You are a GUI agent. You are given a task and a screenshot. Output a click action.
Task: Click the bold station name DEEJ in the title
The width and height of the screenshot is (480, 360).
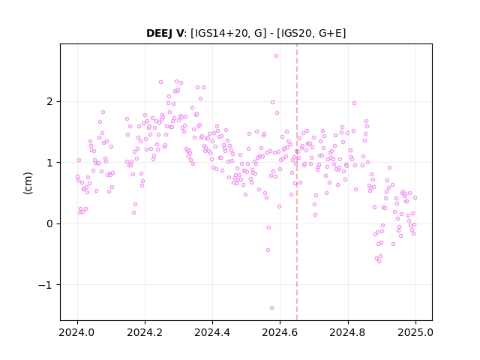[160, 33]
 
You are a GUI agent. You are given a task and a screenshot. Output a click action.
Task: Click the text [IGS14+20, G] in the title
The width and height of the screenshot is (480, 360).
[228, 33]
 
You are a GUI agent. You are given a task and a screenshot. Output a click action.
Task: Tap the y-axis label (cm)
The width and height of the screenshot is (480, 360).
[28, 183]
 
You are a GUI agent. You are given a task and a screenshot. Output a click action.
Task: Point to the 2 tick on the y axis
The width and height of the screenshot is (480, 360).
[50, 102]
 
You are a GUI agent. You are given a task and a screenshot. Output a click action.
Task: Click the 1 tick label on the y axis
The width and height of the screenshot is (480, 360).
[50, 163]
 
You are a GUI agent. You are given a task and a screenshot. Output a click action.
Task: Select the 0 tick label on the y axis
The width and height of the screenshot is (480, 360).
[50, 223]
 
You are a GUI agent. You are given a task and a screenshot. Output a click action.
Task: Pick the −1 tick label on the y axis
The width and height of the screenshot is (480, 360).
[46, 285]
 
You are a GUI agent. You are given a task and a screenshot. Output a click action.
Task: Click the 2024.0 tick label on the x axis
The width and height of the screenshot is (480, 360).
[77, 332]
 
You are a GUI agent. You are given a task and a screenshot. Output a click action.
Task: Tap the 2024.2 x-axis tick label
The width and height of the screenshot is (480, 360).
[145, 332]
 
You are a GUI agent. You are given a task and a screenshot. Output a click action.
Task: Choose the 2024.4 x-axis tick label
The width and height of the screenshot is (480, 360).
[212, 332]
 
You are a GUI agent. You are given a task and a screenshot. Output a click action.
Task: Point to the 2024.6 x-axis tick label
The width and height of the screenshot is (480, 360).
[280, 332]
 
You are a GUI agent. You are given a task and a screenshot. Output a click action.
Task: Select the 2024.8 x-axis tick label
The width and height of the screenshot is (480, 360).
[348, 332]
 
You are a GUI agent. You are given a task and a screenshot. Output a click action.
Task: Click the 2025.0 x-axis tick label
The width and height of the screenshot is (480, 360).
[415, 332]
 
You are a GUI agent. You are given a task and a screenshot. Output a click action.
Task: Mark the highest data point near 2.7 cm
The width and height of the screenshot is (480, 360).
[277, 56]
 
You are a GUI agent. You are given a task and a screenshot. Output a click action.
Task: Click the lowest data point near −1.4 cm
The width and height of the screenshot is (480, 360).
[271, 308]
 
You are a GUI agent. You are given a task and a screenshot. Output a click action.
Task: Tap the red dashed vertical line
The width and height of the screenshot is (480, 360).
[297, 182]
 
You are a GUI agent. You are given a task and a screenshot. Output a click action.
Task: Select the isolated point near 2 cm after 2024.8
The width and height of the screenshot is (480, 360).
[354, 103]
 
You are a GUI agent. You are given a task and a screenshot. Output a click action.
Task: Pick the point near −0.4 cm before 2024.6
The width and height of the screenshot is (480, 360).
[268, 250]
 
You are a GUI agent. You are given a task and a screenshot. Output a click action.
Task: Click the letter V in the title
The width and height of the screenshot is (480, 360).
[179, 33]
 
